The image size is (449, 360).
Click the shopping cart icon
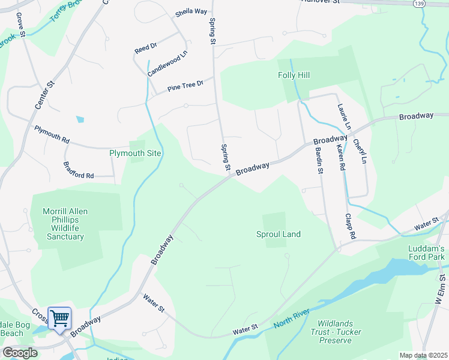tap(59, 318)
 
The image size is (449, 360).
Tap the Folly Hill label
tap(294, 76)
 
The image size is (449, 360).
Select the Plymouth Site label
tap(135, 153)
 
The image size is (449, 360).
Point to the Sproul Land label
tap(278, 234)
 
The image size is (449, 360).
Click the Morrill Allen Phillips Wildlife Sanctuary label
tap(63, 224)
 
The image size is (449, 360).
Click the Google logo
tap(20, 352)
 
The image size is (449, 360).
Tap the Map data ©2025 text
tap(423, 355)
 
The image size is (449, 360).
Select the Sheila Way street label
tap(191, 12)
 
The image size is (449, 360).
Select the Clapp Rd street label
tap(351, 227)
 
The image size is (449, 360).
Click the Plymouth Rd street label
tap(52, 134)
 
